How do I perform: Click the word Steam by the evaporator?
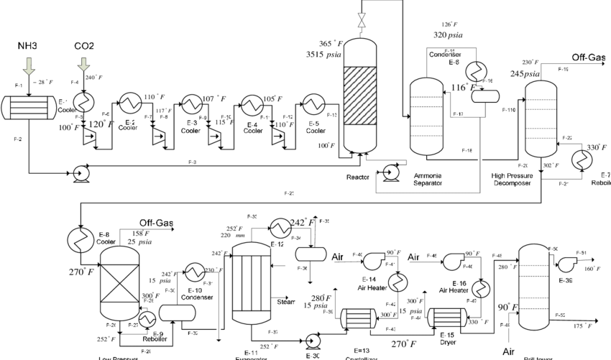coord(285,302)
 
